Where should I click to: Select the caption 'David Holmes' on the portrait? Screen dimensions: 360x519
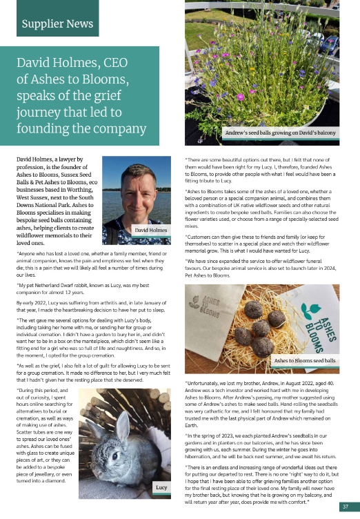(152, 230)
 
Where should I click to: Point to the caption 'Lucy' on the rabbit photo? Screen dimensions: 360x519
(161, 487)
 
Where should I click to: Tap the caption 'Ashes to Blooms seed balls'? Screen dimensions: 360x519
(304, 361)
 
